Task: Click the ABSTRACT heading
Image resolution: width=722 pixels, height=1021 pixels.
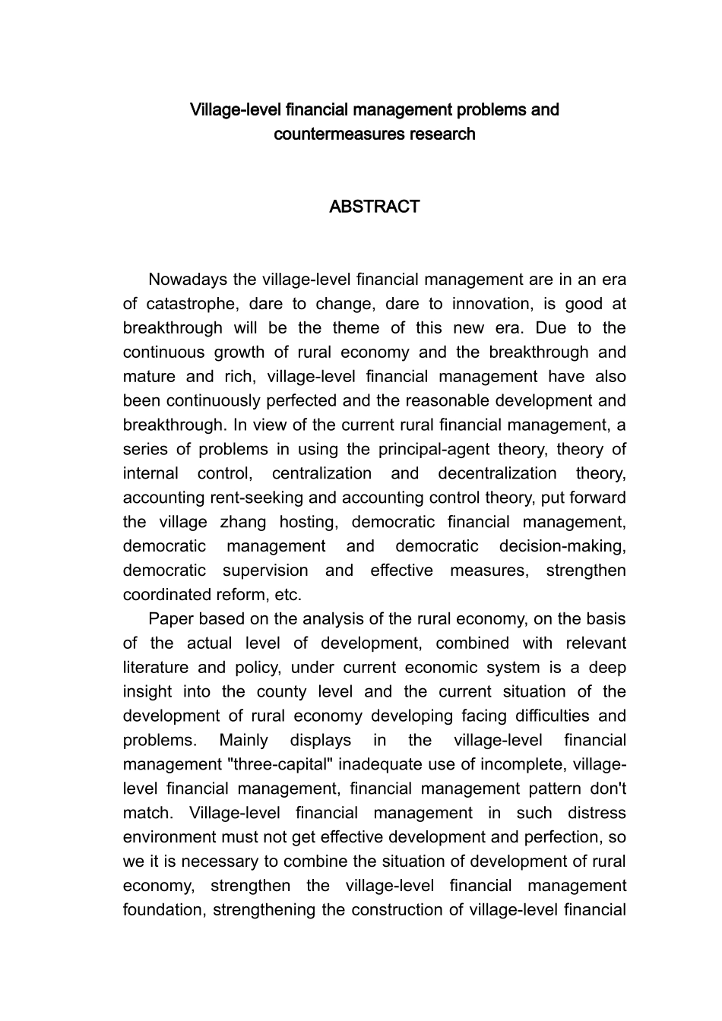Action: (374, 207)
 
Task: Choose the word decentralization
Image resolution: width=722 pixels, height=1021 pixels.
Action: (497, 473)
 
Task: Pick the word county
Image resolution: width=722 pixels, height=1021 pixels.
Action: (280, 691)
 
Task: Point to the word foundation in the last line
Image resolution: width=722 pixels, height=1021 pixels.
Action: (163, 910)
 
